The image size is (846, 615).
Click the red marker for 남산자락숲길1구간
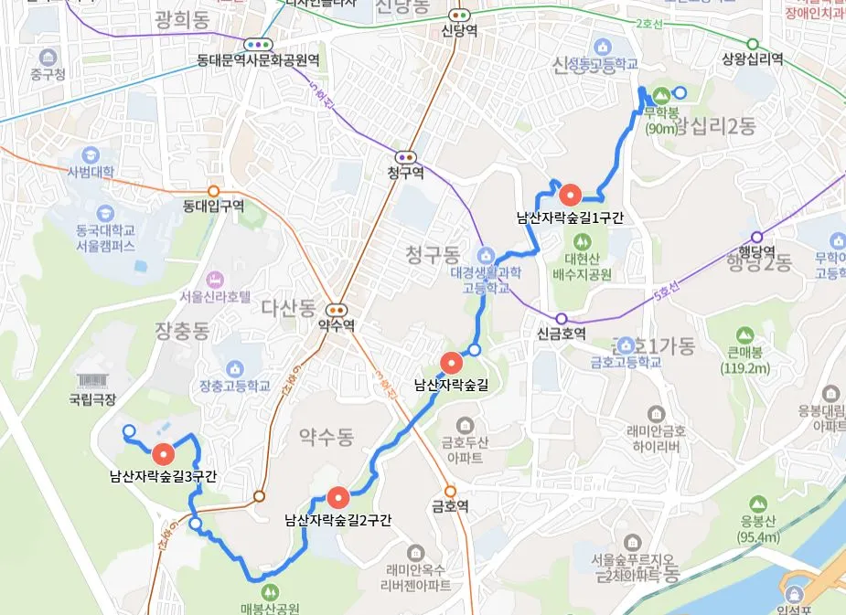(x=570, y=194)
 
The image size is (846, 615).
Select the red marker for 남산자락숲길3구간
(x=164, y=452)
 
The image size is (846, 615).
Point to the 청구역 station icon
(x=405, y=157)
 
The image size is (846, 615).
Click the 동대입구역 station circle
(x=214, y=191)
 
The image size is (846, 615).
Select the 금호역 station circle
(x=450, y=490)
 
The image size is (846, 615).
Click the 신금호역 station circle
(x=562, y=319)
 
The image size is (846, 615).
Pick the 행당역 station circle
(x=756, y=236)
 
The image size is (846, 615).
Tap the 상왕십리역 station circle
(x=753, y=44)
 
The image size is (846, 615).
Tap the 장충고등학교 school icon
(x=235, y=367)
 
